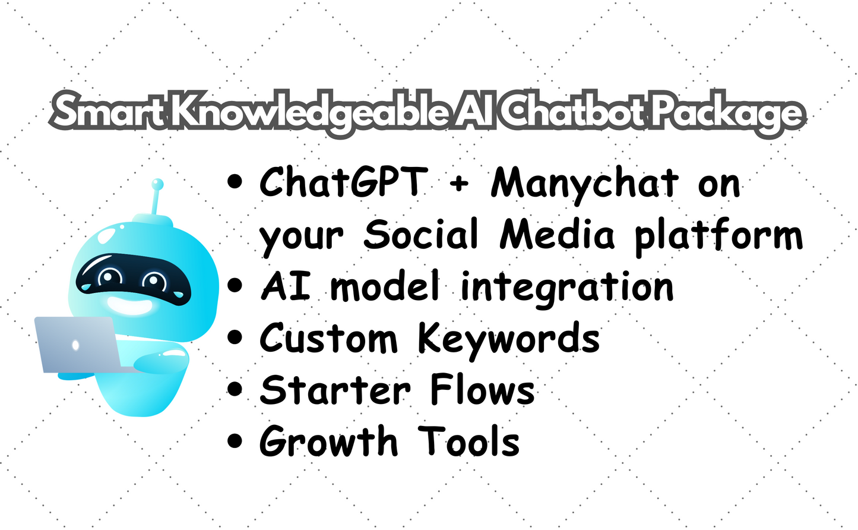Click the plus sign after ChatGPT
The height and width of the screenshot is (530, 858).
[x=459, y=184]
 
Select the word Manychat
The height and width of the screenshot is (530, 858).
[x=585, y=183]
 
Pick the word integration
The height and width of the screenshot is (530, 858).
[x=567, y=288]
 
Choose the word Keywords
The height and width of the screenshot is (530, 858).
[x=508, y=339]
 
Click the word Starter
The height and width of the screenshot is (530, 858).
[x=335, y=390]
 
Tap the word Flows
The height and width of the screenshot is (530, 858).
[x=482, y=390]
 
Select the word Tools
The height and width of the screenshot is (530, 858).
[x=469, y=442]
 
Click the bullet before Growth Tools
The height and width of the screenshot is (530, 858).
[x=236, y=441]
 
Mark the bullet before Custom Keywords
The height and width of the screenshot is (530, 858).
[x=236, y=337]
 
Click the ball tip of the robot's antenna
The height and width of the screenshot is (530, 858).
[x=157, y=184]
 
